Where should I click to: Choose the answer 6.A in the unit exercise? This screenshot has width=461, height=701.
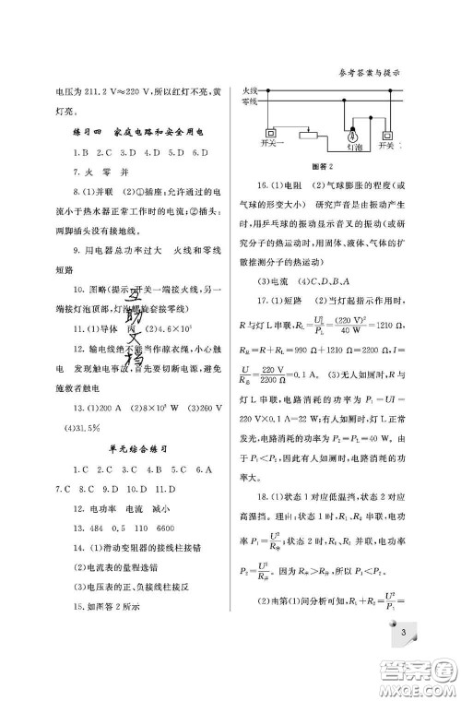coord(207,469)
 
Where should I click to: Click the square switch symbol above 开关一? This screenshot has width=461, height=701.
coord(272,132)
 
